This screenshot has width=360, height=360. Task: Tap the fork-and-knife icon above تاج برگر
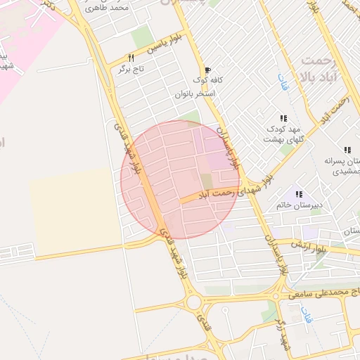coord(130,58)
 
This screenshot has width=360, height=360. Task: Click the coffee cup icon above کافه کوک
coord(207,70)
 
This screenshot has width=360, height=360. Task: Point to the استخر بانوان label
coord(195,94)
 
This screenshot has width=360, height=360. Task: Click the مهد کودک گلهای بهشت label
coord(282,134)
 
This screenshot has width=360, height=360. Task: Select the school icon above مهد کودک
coord(283,118)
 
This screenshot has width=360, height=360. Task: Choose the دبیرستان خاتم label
coord(298,205)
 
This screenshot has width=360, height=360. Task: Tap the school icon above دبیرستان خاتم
coord(299,193)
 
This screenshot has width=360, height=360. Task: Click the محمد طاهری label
coord(116,7)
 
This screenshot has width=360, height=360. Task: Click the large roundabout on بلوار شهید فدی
coord(194,303)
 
